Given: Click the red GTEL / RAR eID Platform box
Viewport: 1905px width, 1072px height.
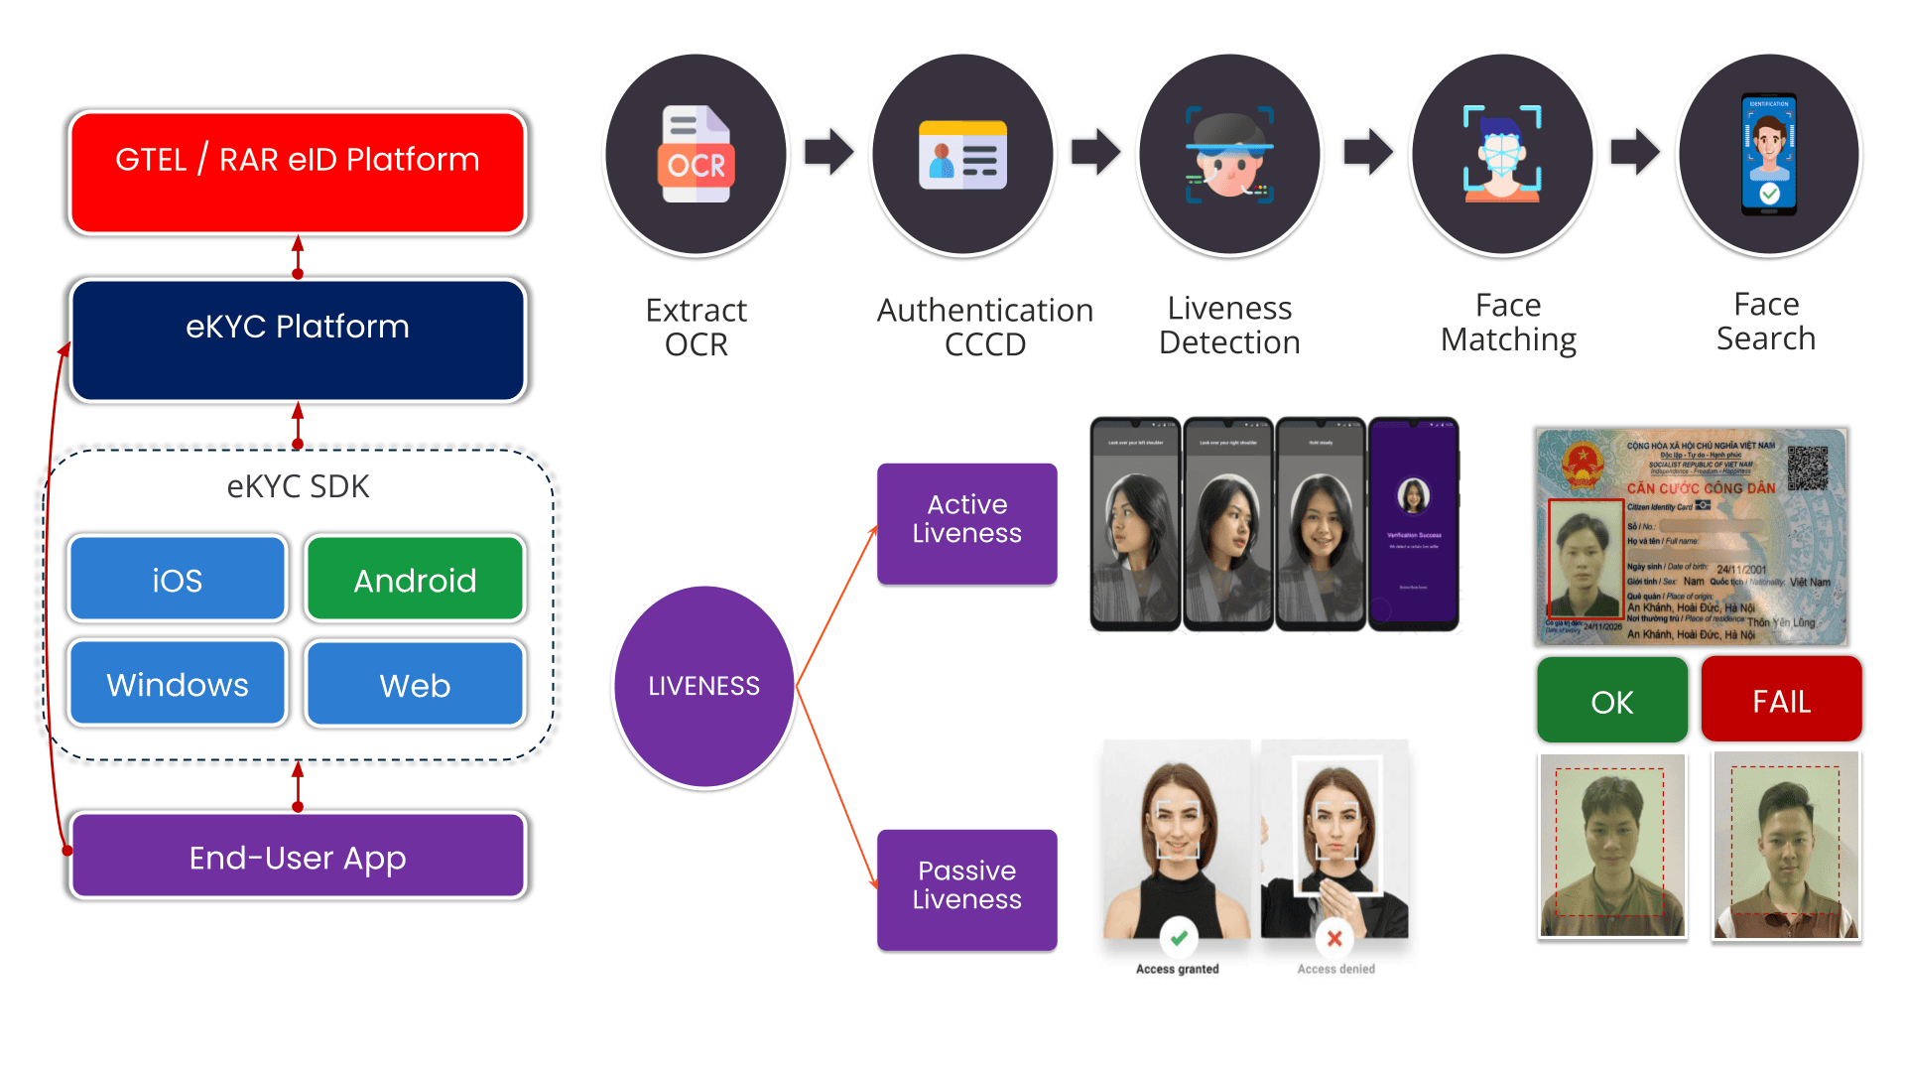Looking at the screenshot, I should tap(298, 173).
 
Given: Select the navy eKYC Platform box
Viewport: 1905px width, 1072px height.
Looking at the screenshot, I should tap(298, 339).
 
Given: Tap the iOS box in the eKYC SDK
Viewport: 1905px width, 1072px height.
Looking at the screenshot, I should tap(178, 579).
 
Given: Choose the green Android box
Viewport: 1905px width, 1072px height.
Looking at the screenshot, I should tap(415, 579).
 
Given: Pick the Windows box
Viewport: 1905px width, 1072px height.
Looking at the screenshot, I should tap(178, 684).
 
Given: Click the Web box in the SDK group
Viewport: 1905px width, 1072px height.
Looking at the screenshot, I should tap(415, 684).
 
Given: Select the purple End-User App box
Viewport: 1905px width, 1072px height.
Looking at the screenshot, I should tap(298, 856).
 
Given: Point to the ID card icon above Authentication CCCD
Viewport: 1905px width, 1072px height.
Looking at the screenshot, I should tap(962, 155).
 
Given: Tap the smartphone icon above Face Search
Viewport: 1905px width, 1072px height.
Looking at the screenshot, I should tap(1769, 155).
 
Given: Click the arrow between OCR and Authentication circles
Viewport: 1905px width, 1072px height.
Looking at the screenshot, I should tap(828, 152).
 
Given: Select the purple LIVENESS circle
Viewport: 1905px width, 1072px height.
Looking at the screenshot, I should tap(703, 686).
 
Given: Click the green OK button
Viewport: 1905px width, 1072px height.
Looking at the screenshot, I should tap(1611, 701).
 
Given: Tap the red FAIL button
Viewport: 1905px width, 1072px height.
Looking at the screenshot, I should tap(1781, 700).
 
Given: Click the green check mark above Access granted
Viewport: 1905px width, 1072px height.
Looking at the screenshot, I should tap(1179, 937).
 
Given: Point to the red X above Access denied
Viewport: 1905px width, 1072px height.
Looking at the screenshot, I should tap(1334, 938).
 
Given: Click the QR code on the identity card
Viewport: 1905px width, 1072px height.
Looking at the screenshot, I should tap(1808, 468).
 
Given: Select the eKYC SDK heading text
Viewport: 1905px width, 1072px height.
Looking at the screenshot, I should tap(298, 486).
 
